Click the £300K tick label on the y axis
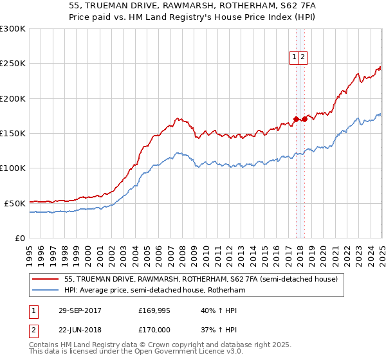point(13,29)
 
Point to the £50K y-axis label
point(15,203)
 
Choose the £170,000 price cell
point(154,329)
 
